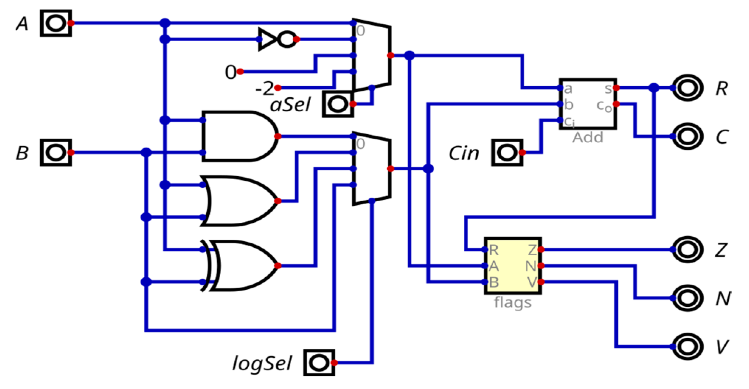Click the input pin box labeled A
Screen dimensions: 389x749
tap(56, 23)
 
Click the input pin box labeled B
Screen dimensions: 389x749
tap(56, 152)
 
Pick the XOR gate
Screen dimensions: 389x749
tap(240, 265)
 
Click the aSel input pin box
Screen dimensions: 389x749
tap(338, 104)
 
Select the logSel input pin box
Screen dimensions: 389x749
tap(319, 363)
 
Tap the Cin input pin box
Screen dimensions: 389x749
tap(507, 152)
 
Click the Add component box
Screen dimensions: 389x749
tap(587, 104)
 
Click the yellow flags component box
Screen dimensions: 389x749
tap(513, 265)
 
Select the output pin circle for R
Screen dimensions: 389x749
tap(687, 88)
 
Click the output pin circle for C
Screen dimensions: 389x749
tap(687, 136)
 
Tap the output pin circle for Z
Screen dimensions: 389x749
tap(687, 250)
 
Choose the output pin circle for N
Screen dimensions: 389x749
tap(687, 298)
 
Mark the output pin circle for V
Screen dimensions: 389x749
tap(687, 347)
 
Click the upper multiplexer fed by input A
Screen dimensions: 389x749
tap(372, 55)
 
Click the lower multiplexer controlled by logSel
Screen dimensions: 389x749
tap(372, 169)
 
